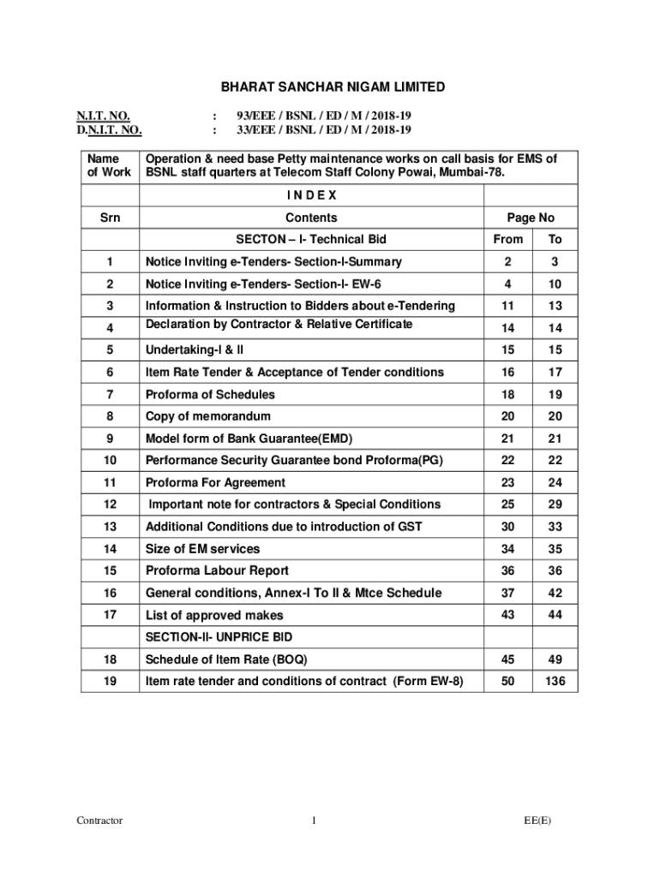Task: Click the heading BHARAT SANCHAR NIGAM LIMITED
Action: tap(333, 87)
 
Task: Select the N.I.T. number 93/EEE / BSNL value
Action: tap(324, 115)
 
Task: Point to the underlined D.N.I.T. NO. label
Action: tap(108, 130)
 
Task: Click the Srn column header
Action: tap(110, 218)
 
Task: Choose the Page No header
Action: tap(531, 218)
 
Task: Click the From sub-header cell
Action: tap(507, 239)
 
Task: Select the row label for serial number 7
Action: tap(110, 395)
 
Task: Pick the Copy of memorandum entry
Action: tap(208, 416)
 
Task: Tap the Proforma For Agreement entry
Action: tap(215, 482)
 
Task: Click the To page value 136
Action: tap(555, 681)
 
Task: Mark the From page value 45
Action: tap(507, 659)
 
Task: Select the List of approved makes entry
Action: tap(214, 615)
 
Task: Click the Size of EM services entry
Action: tap(202, 549)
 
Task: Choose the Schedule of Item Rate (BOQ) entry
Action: tap(226, 659)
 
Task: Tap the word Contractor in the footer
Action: tap(99, 820)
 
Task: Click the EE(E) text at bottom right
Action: tap(538, 820)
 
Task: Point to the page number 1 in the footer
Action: tap(315, 820)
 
